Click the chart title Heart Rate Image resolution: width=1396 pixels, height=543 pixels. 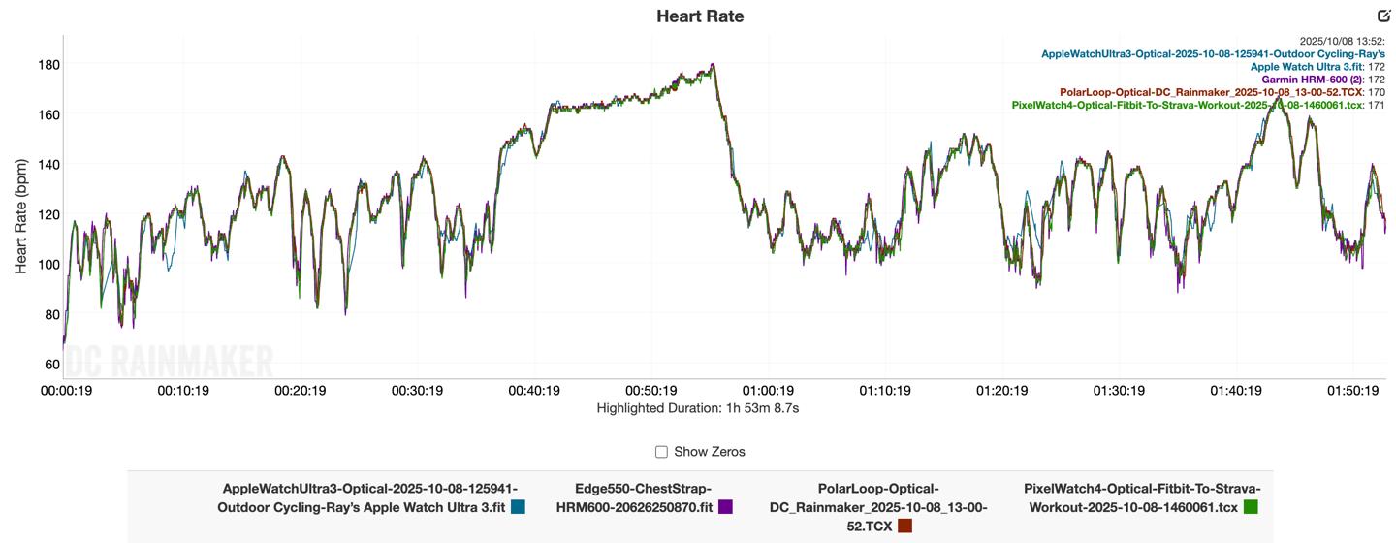[x=700, y=16]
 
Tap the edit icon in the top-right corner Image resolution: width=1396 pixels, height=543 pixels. [x=1383, y=16]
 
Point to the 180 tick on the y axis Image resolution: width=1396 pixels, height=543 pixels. [x=48, y=65]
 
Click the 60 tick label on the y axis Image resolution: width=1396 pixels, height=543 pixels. [x=49, y=365]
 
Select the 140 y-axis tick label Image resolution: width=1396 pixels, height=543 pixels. [x=48, y=165]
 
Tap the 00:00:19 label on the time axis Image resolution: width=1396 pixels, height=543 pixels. [x=66, y=391]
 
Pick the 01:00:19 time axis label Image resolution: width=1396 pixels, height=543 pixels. [x=768, y=391]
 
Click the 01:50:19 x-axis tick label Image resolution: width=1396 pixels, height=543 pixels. [x=1352, y=391]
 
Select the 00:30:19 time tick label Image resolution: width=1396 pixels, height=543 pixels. [x=417, y=391]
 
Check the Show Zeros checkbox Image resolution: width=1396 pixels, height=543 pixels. [x=661, y=452]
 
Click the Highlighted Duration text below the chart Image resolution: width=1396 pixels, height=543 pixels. [x=698, y=408]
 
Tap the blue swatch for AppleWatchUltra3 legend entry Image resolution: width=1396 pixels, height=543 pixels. [x=518, y=506]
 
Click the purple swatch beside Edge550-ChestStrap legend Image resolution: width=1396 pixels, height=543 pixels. [x=725, y=506]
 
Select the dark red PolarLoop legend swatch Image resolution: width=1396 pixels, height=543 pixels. [x=904, y=526]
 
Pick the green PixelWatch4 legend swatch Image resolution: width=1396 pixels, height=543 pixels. [x=1251, y=506]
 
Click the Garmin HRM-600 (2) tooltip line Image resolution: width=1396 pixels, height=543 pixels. [x=1322, y=80]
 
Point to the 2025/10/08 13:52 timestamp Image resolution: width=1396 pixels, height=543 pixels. [x=1342, y=41]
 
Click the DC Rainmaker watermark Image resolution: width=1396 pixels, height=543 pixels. [x=170, y=364]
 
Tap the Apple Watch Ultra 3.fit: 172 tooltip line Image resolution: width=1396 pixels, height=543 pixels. [x=1317, y=67]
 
